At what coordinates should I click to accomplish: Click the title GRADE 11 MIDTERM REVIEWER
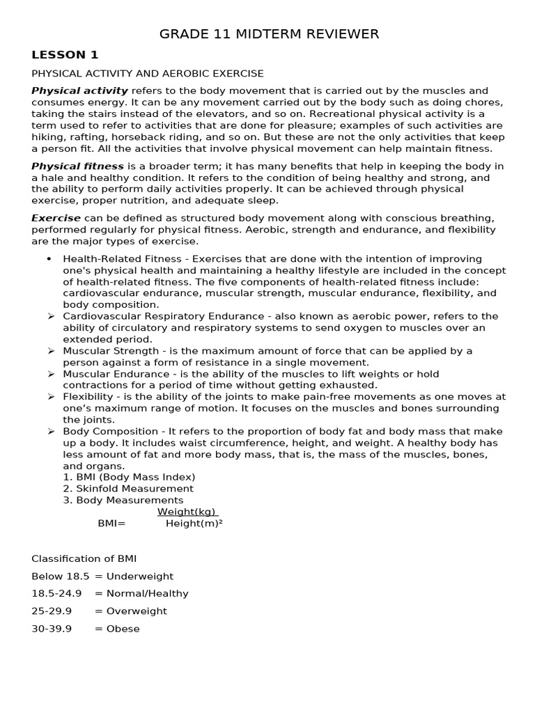tap(270, 34)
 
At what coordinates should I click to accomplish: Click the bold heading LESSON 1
tap(65, 54)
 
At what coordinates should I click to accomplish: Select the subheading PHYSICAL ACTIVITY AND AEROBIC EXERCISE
tap(148, 73)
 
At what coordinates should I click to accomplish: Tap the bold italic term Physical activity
tap(79, 91)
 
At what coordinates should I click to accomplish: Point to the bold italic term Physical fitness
tap(77, 166)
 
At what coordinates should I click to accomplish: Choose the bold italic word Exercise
tap(56, 218)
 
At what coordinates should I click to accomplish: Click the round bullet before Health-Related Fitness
tap(49, 259)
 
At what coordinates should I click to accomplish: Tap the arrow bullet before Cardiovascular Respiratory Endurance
tap(51, 316)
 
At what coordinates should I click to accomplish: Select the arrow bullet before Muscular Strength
tap(51, 351)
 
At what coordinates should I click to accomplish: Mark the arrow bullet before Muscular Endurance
tap(51, 374)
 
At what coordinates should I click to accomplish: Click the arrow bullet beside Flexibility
tap(51, 397)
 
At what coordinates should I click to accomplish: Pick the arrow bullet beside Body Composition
tap(51, 431)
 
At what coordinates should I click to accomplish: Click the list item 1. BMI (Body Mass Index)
tap(129, 477)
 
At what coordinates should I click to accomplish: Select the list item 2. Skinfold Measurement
tap(128, 489)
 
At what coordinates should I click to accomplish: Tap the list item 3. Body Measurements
tap(123, 500)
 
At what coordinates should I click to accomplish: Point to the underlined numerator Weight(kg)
tap(187, 512)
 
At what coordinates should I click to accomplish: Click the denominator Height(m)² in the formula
tap(194, 524)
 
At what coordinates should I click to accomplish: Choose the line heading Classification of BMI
tap(89, 558)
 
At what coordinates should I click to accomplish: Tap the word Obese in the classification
tap(123, 629)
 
